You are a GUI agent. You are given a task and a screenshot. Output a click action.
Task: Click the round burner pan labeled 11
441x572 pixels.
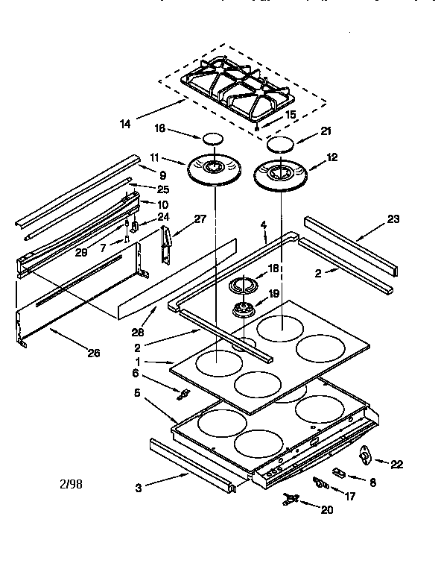(215, 168)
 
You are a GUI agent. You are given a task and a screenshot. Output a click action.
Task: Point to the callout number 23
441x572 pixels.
(393, 219)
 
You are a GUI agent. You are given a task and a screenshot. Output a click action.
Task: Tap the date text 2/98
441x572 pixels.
(70, 483)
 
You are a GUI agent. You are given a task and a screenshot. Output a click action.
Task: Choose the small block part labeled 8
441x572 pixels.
(337, 473)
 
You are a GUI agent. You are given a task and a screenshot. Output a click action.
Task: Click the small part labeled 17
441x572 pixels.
(320, 483)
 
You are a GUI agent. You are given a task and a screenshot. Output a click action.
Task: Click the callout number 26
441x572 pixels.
(94, 353)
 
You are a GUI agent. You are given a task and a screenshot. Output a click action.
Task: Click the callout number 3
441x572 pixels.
(138, 488)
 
